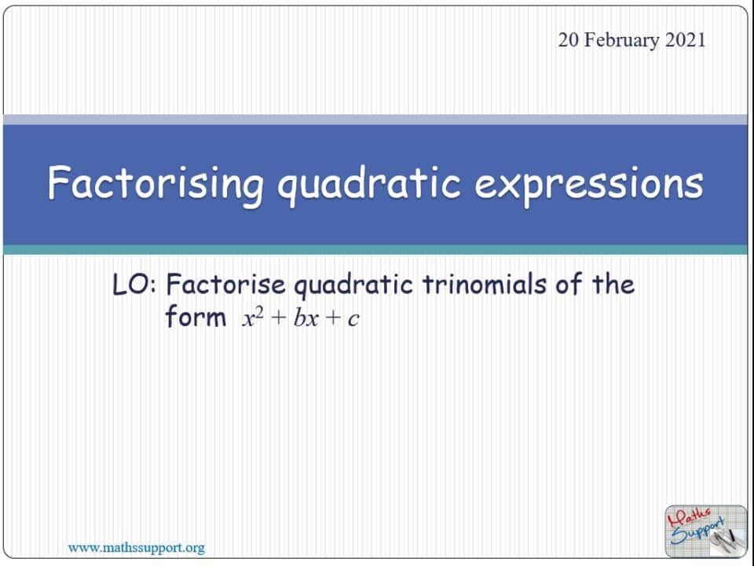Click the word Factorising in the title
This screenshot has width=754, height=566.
click(156, 184)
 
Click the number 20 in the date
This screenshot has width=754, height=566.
click(569, 40)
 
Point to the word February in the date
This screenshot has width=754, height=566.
click(620, 40)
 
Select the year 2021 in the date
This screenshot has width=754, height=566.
click(685, 40)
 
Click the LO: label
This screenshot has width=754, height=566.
click(136, 285)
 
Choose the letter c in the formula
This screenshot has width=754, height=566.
click(353, 321)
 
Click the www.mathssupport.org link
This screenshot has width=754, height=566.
click(137, 547)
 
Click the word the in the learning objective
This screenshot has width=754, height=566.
click(613, 285)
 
